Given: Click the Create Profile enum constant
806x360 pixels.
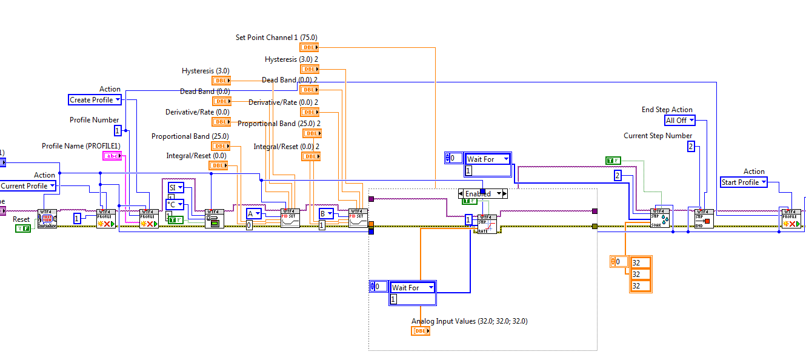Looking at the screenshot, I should [95, 100].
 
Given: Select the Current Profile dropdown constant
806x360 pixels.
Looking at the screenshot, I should [28, 186].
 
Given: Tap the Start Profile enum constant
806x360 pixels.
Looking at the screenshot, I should [744, 182].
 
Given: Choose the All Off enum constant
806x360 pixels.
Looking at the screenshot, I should [679, 121].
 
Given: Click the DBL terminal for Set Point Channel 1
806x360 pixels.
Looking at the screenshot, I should [308, 47].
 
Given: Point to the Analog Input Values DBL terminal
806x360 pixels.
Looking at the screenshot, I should [421, 331].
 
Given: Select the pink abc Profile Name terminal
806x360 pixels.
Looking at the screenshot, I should [112, 156].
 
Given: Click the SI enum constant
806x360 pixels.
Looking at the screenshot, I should [176, 188].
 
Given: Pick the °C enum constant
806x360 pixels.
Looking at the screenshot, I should [176, 204].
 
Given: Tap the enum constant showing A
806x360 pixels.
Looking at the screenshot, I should [254, 213].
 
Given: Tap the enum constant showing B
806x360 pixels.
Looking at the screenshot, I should [326, 213].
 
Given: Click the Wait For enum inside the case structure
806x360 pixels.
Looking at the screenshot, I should [412, 287].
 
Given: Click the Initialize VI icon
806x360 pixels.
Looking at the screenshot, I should [47, 219].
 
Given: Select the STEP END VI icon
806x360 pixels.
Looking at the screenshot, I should [703, 219].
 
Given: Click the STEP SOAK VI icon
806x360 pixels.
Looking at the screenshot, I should [660, 219].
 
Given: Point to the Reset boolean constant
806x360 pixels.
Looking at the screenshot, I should [23, 228].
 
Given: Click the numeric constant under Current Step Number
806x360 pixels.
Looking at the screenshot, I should [691, 146].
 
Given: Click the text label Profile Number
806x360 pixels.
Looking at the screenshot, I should [94, 120].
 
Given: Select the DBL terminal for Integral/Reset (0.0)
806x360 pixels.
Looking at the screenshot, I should [218, 165].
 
